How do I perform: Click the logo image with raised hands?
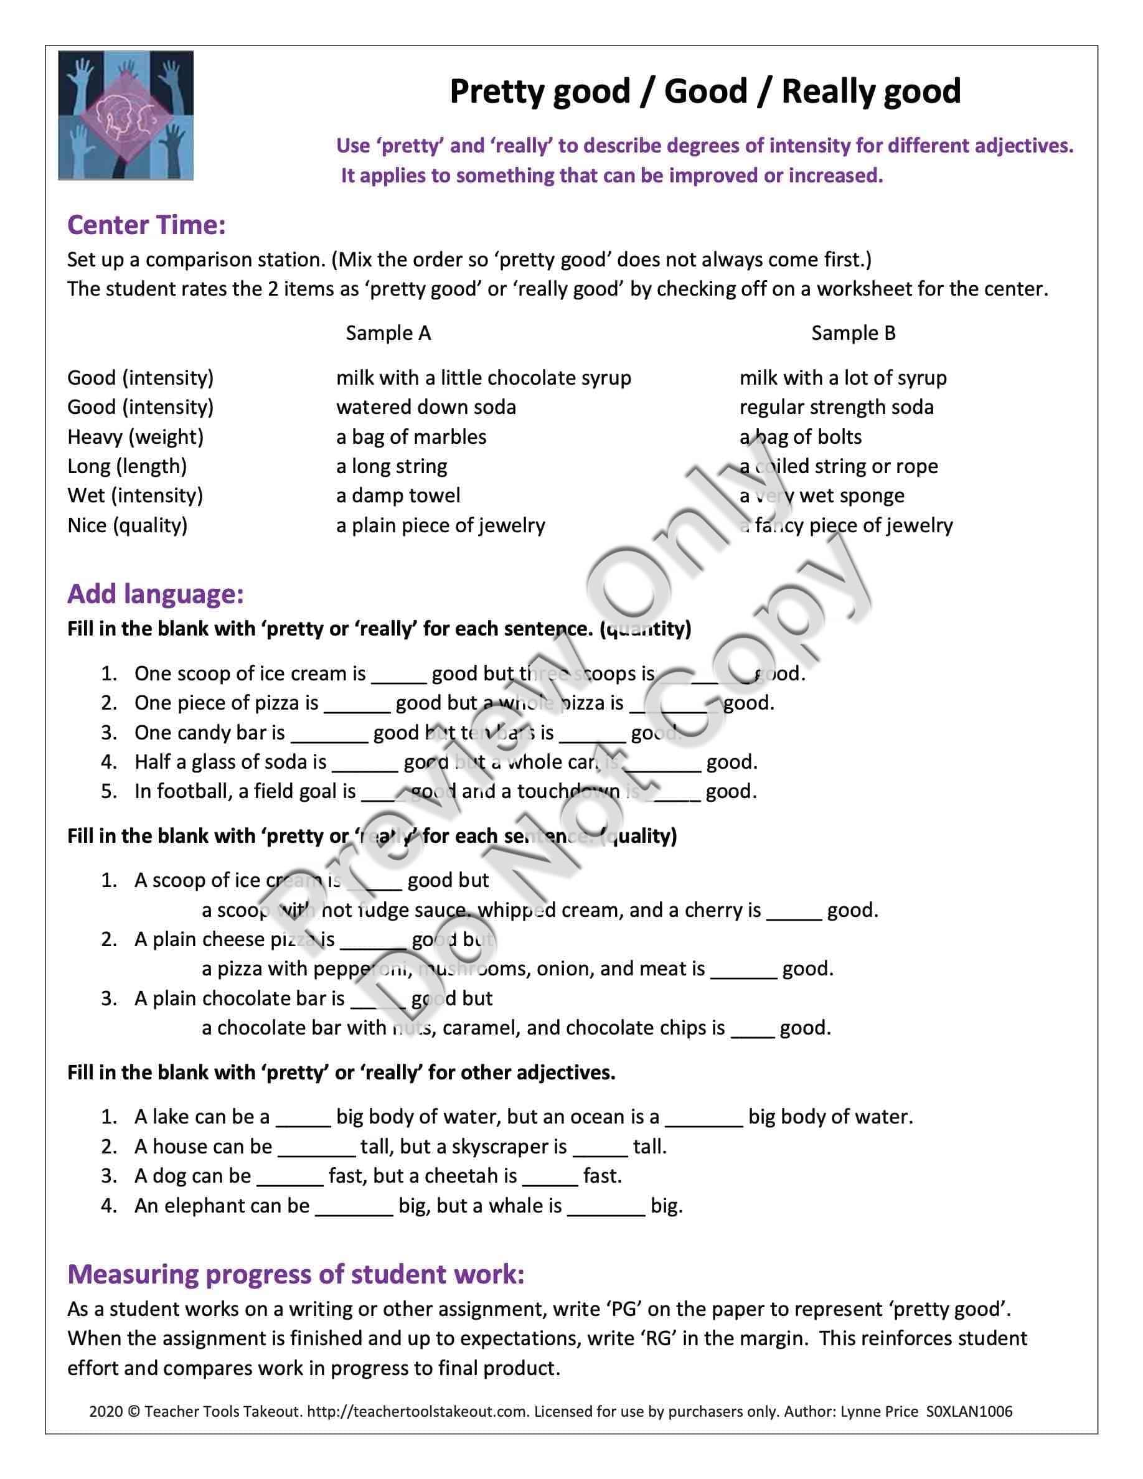(x=126, y=115)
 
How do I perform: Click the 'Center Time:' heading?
(x=146, y=225)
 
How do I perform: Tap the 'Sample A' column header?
(x=388, y=333)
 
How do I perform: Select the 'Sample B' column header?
(x=853, y=333)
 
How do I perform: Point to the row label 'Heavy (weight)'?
(x=136, y=437)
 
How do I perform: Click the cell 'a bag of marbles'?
(x=411, y=437)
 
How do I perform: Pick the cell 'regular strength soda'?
(x=836, y=407)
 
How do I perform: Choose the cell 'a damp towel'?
(x=398, y=495)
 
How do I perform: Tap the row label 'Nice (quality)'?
(x=127, y=525)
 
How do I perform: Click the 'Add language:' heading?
(x=155, y=594)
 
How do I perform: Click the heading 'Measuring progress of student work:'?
(x=296, y=1274)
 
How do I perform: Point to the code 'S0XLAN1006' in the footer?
(x=969, y=1411)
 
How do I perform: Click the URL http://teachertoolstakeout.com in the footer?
(x=417, y=1411)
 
